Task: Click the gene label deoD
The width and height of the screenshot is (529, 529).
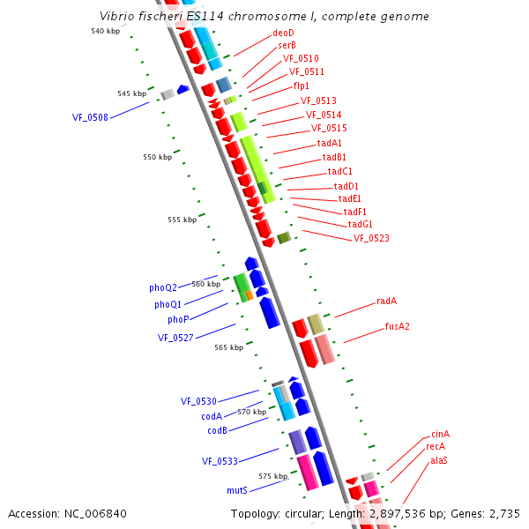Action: tap(283, 33)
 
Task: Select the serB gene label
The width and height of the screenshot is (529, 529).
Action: tap(287, 45)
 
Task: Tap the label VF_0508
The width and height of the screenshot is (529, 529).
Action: tap(90, 116)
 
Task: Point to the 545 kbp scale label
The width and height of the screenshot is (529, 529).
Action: tap(131, 93)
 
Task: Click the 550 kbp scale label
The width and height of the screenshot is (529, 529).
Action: tap(157, 157)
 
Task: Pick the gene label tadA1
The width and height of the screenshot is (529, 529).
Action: tap(330, 143)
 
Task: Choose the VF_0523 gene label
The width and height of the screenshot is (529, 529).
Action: tap(371, 238)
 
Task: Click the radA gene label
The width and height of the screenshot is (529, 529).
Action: tap(386, 301)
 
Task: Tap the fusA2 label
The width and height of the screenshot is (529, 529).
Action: tap(397, 326)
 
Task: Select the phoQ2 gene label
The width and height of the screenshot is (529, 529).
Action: tap(163, 287)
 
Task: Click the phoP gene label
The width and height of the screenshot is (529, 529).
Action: tap(178, 319)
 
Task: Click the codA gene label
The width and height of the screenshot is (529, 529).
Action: tap(212, 416)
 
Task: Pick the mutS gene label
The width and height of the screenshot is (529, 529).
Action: tap(236, 489)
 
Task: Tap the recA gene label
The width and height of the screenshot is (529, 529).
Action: tap(436, 447)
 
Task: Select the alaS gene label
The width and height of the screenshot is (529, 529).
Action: tap(439, 460)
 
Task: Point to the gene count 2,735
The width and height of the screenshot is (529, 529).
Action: tap(504, 513)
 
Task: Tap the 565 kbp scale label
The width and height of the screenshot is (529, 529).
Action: tap(228, 347)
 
